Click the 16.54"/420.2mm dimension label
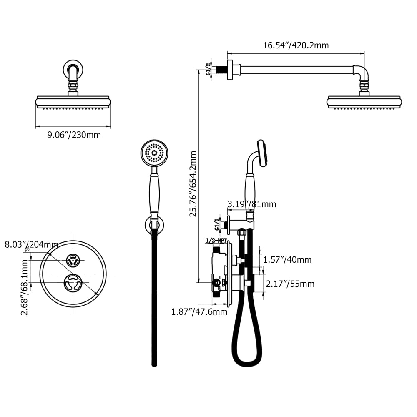coord(296,45)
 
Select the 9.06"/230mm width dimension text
coord(73,135)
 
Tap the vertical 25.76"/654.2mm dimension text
coord(193,184)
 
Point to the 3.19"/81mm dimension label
coord(251,204)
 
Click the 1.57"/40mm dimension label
coord(287,260)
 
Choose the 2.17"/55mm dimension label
coord(290,284)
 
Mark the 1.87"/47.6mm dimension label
coord(199,311)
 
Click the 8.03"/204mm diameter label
coord(31,244)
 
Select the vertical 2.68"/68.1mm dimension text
coord(25,287)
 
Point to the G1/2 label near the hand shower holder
coord(216,224)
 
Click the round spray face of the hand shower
coord(154,153)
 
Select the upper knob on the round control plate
coord(73,260)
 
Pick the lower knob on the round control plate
coord(73,283)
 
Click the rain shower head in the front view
coord(73,102)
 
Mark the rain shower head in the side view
coord(364,102)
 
